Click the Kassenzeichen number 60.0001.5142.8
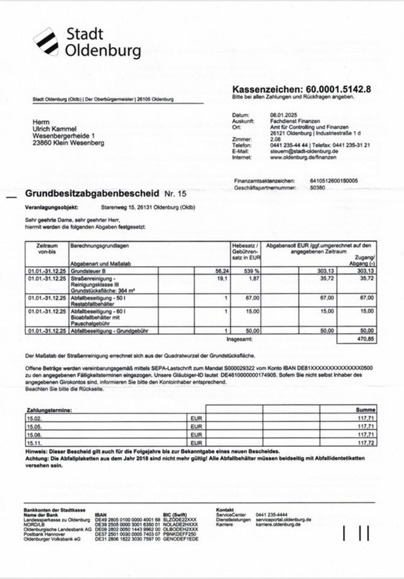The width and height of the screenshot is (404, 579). click(338, 89)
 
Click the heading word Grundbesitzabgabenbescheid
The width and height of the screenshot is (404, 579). click(92, 195)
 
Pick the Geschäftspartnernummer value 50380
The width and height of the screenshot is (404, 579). click(317, 188)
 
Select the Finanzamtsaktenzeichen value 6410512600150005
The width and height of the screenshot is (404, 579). click(334, 180)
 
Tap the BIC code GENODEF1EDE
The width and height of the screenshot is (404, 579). click(180, 539)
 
